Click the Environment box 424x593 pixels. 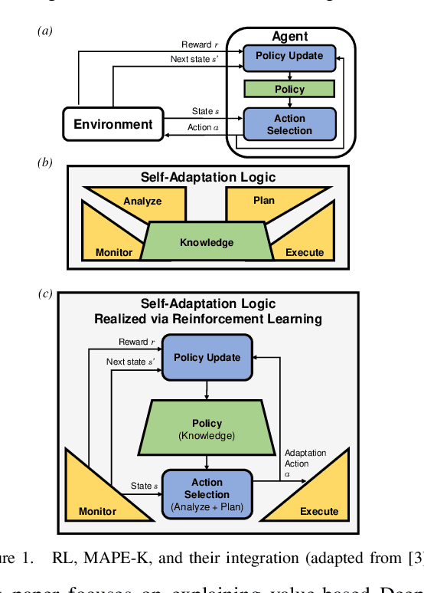click(113, 124)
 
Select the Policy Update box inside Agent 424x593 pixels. click(289, 57)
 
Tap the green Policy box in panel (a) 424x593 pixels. click(289, 90)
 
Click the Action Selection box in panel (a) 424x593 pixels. click(289, 124)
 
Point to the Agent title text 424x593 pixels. click(289, 36)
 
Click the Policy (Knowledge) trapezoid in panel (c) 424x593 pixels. click(207, 428)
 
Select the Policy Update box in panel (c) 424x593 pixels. click(207, 358)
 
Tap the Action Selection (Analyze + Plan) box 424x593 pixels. click(207, 494)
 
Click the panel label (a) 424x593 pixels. click(46, 31)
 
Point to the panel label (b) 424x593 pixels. click(46, 162)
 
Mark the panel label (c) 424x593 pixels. click(46, 293)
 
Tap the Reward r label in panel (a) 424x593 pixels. click(199, 44)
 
